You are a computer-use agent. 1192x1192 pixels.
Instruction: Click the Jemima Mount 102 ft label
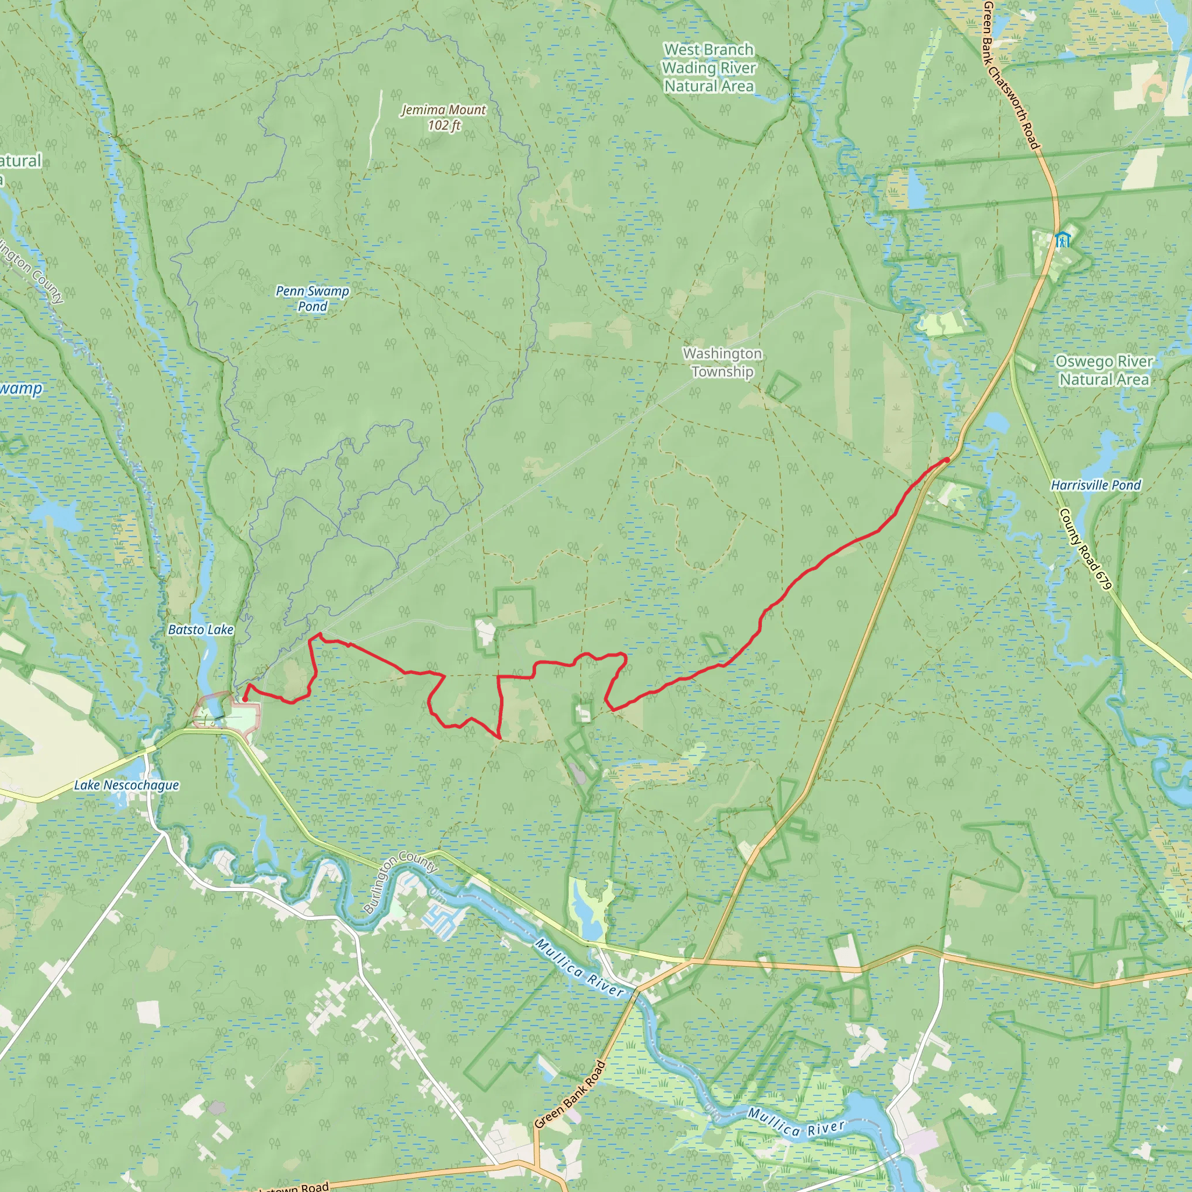[x=444, y=117]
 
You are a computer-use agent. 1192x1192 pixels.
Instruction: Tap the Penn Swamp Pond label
[x=312, y=299]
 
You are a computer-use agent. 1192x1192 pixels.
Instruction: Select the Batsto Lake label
[x=201, y=630]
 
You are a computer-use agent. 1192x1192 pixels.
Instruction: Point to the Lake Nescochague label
[x=126, y=785]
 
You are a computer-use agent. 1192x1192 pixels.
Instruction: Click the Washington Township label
[x=722, y=363]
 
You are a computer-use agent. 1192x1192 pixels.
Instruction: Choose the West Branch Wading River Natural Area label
[x=709, y=68]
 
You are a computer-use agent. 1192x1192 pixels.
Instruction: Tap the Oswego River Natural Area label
[x=1104, y=370]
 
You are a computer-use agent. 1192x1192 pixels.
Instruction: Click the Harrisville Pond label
[x=1096, y=485]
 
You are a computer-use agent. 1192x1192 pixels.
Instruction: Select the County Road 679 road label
[x=1085, y=548]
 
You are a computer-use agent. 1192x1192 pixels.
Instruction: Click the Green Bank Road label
[x=570, y=1095]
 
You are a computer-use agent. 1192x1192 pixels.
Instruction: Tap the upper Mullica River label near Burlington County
[x=579, y=967]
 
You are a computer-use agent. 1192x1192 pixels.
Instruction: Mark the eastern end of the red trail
[x=947, y=460]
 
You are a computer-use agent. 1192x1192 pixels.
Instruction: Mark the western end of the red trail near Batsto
[x=245, y=700]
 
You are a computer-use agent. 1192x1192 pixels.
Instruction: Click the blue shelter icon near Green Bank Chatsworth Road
[x=1062, y=239]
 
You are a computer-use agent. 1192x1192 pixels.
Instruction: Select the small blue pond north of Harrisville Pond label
[x=996, y=423]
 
